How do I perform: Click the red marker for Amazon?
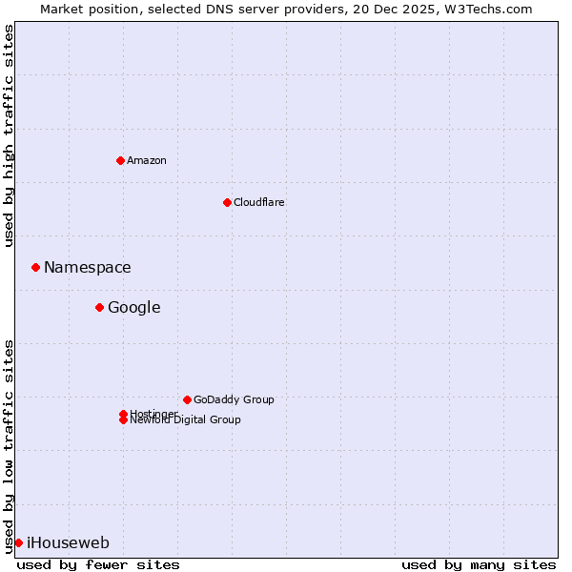pos(120,160)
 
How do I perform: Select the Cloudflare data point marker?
pos(227,202)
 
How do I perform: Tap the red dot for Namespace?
pos(35,267)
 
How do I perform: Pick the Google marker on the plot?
pos(99,307)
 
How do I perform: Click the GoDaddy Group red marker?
pos(187,399)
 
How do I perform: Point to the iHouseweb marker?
pos(18,542)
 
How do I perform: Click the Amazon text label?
pos(147,160)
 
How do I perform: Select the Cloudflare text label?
pos(259,202)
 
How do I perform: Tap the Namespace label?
pos(88,268)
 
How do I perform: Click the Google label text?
pos(134,308)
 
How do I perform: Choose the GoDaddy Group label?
pos(234,399)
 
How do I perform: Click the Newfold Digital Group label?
pos(186,420)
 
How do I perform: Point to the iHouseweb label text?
pos(69,543)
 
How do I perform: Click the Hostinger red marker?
pos(123,414)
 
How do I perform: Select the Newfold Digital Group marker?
pos(123,420)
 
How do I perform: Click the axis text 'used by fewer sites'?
pos(98,564)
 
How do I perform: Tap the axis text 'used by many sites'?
pos(479,564)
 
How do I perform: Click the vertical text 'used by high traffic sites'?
pos(10,135)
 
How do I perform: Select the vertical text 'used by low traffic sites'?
pos(10,446)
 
